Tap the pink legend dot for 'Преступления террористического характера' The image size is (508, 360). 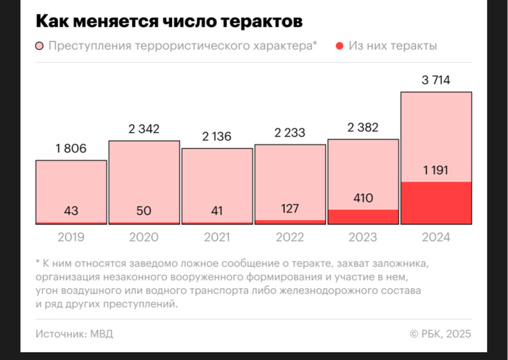click(41, 47)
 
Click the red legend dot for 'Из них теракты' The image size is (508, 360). click(340, 47)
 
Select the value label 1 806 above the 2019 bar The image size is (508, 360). click(71, 150)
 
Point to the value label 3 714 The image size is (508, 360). click(436, 81)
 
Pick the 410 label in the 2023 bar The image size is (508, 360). click(363, 197)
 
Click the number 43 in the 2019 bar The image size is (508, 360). click(71, 211)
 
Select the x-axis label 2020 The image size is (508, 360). click(144, 237)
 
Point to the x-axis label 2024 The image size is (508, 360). click(436, 237)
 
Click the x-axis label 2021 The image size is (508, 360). click(217, 237)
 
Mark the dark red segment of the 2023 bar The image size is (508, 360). click(363, 216)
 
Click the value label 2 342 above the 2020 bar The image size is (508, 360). click(144, 129)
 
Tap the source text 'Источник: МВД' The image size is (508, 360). click(74, 334)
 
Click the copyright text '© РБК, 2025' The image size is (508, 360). click(441, 334)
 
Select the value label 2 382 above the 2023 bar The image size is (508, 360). click(363, 128)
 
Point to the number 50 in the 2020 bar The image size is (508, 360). click(144, 211)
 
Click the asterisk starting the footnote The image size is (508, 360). click(38, 261)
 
